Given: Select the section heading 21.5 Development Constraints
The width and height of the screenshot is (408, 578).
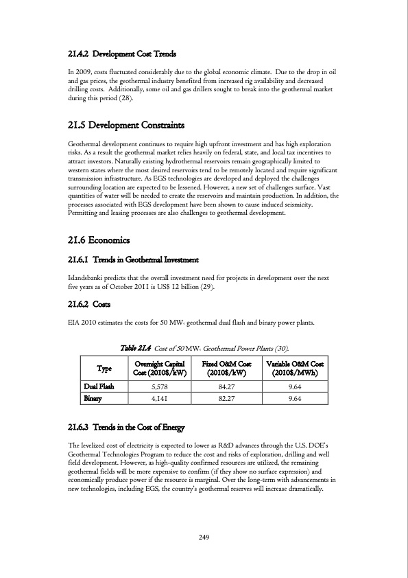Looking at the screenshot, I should (127, 126).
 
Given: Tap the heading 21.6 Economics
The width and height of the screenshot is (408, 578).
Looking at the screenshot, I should (100, 240).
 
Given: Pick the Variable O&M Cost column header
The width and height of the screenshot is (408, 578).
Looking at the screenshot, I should (297, 367).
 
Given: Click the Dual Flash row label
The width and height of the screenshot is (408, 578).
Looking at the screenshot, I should (98, 386).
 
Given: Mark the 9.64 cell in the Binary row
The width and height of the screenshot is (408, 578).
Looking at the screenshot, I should (297, 398).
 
